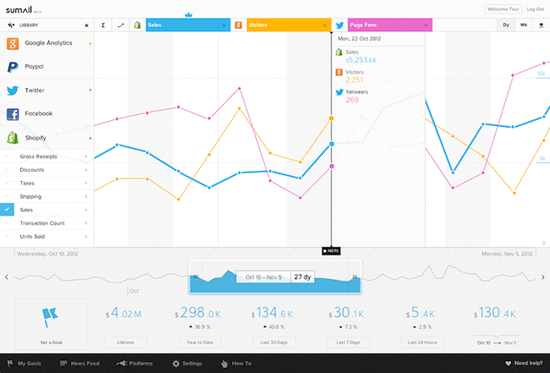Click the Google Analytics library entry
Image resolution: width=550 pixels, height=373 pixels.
tap(48, 42)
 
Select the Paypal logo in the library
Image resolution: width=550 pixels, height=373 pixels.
tap(13, 66)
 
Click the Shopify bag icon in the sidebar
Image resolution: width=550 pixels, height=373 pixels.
tap(13, 137)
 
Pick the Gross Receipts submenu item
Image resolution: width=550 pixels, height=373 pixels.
tap(37, 156)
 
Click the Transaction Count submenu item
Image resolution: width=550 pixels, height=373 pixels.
tap(41, 222)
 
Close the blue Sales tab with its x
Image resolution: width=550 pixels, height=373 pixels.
tap(223, 26)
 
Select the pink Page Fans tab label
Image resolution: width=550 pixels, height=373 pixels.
tap(364, 26)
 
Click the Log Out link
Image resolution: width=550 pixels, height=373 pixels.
tap(534, 8)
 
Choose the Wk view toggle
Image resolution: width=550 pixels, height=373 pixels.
tap(525, 26)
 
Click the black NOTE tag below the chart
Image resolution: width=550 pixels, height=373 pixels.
tap(331, 251)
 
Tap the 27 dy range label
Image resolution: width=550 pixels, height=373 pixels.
tap(302, 277)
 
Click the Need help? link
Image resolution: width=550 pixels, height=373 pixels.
tap(524, 364)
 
